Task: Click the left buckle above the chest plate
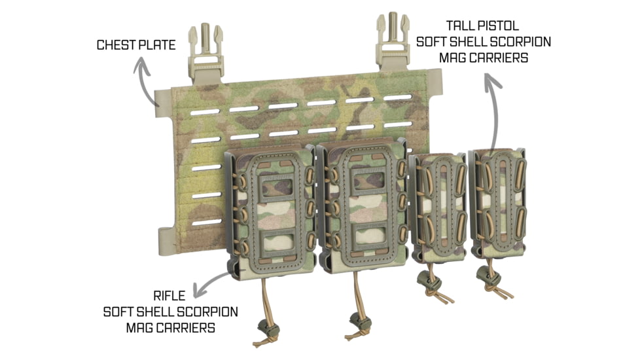pyautogui.click(x=205, y=53)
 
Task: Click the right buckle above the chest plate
pyautogui.click(x=393, y=41)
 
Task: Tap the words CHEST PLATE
pyautogui.click(x=136, y=45)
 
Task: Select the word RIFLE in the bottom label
pyautogui.click(x=169, y=295)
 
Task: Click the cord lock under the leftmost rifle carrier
pyautogui.click(x=268, y=328)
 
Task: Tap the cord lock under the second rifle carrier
pyautogui.click(x=360, y=323)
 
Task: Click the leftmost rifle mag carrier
pyautogui.click(x=270, y=211)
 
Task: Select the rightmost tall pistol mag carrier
pyautogui.click(x=497, y=203)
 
